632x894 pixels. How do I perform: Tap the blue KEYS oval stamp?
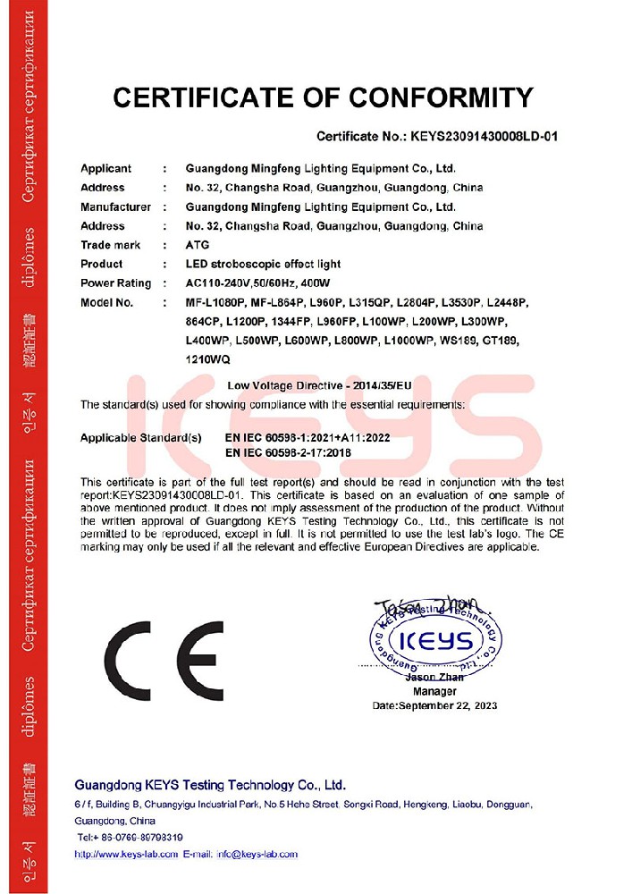point(434,640)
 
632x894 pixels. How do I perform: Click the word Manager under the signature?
point(435,691)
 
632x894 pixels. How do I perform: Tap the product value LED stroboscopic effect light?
point(262,265)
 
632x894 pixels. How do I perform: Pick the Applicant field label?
point(105,168)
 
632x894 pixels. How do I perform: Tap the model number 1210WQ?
point(207,359)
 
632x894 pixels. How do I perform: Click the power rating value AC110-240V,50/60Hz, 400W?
point(277,283)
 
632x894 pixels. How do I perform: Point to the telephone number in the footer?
point(130,837)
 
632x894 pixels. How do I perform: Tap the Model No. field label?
point(107,302)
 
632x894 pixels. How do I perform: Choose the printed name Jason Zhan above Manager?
point(435,679)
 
